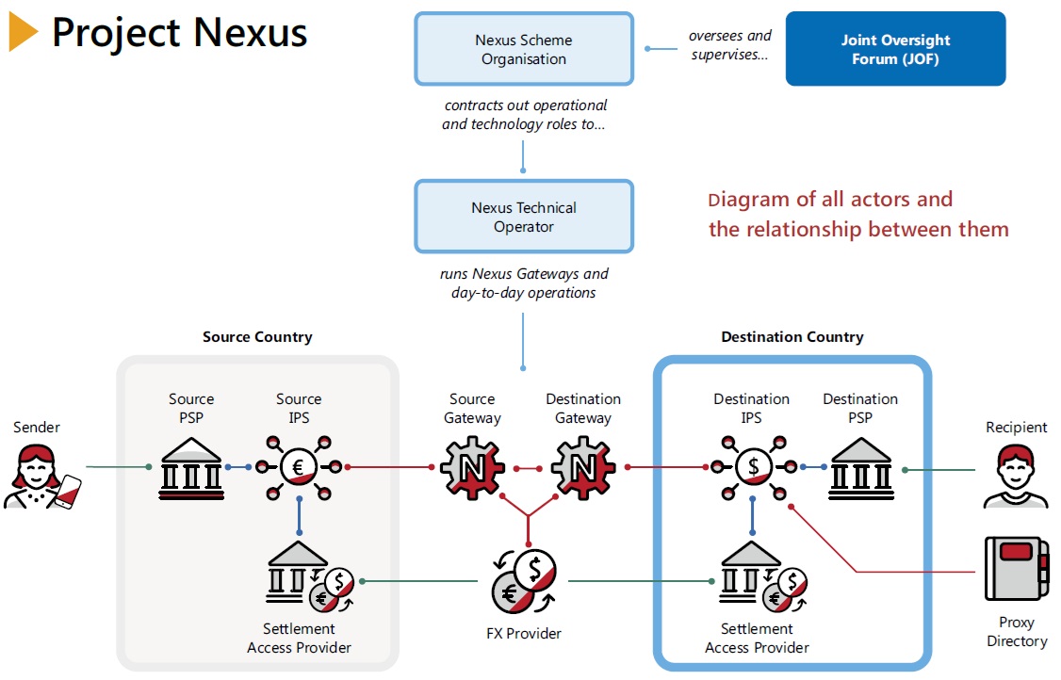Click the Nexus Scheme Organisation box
pyautogui.click(x=523, y=49)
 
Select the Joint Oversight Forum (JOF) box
pyautogui.click(x=895, y=49)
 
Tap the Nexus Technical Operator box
pyautogui.click(x=523, y=217)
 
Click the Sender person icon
pyautogui.click(x=38, y=477)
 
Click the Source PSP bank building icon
pyautogui.click(x=191, y=465)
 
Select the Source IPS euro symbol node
pyautogui.click(x=299, y=466)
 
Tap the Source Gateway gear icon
pyautogui.click(x=472, y=466)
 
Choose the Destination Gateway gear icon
pyautogui.click(x=582, y=466)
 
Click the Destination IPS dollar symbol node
pyautogui.click(x=753, y=466)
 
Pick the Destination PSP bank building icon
pyautogui.click(x=860, y=467)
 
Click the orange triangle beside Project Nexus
pyautogui.click(x=23, y=33)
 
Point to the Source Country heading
pyautogui.click(x=257, y=336)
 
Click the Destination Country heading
pyautogui.click(x=792, y=336)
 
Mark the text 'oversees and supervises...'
pyautogui.click(x=729, y=45)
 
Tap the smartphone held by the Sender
pyautogui.click(x=68, y=491)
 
